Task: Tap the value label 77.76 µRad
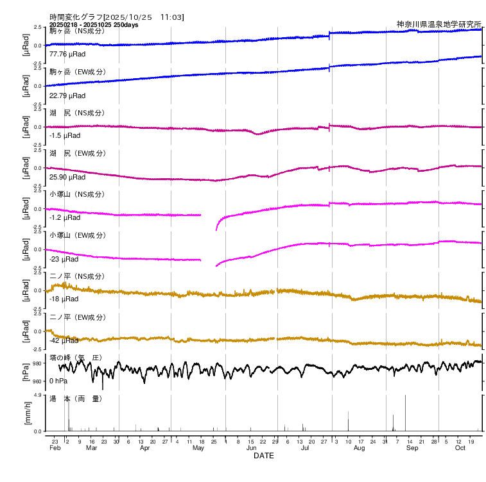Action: tap(67, 54)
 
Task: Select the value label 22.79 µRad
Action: tap(67, 96)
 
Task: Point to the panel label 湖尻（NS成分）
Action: tap(76, 113)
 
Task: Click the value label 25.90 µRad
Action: tap(67, 177)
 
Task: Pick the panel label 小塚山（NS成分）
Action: tap(76, 194)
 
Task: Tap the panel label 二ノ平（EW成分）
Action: tap(76, 317)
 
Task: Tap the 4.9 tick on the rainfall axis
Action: tap(38, 395)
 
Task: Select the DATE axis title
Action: tap(264, 456)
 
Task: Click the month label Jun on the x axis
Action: tap(252, 448)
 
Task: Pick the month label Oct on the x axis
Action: tap(460, 448)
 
